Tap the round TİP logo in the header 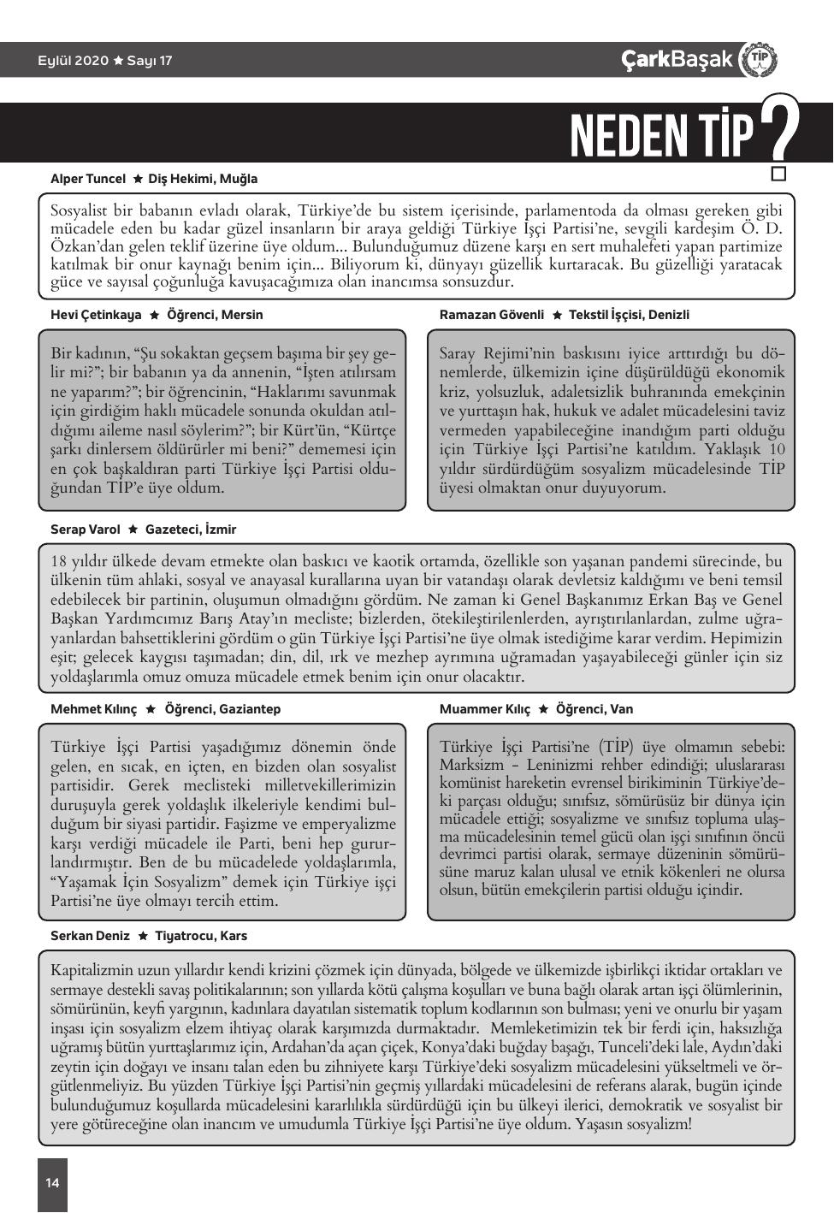click(759, 60)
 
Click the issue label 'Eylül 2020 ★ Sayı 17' click(104, 61)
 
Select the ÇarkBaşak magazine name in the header click(677, 59)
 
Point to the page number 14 click(53, 1183)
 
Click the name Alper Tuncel click(88, 179)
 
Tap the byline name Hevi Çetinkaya click(96, 315)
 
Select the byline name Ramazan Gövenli click(491, 315)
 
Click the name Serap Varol click(86, 530)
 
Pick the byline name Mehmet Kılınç click(93, 709)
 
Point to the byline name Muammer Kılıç click(484, 709)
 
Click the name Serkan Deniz click(90, 936)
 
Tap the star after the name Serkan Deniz click(143, 936)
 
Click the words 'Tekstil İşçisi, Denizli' click(629, 315)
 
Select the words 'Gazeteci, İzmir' click(191, 530)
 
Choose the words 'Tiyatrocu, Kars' click(201, 936)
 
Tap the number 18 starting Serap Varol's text click(58, 562)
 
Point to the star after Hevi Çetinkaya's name click(154, 315)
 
